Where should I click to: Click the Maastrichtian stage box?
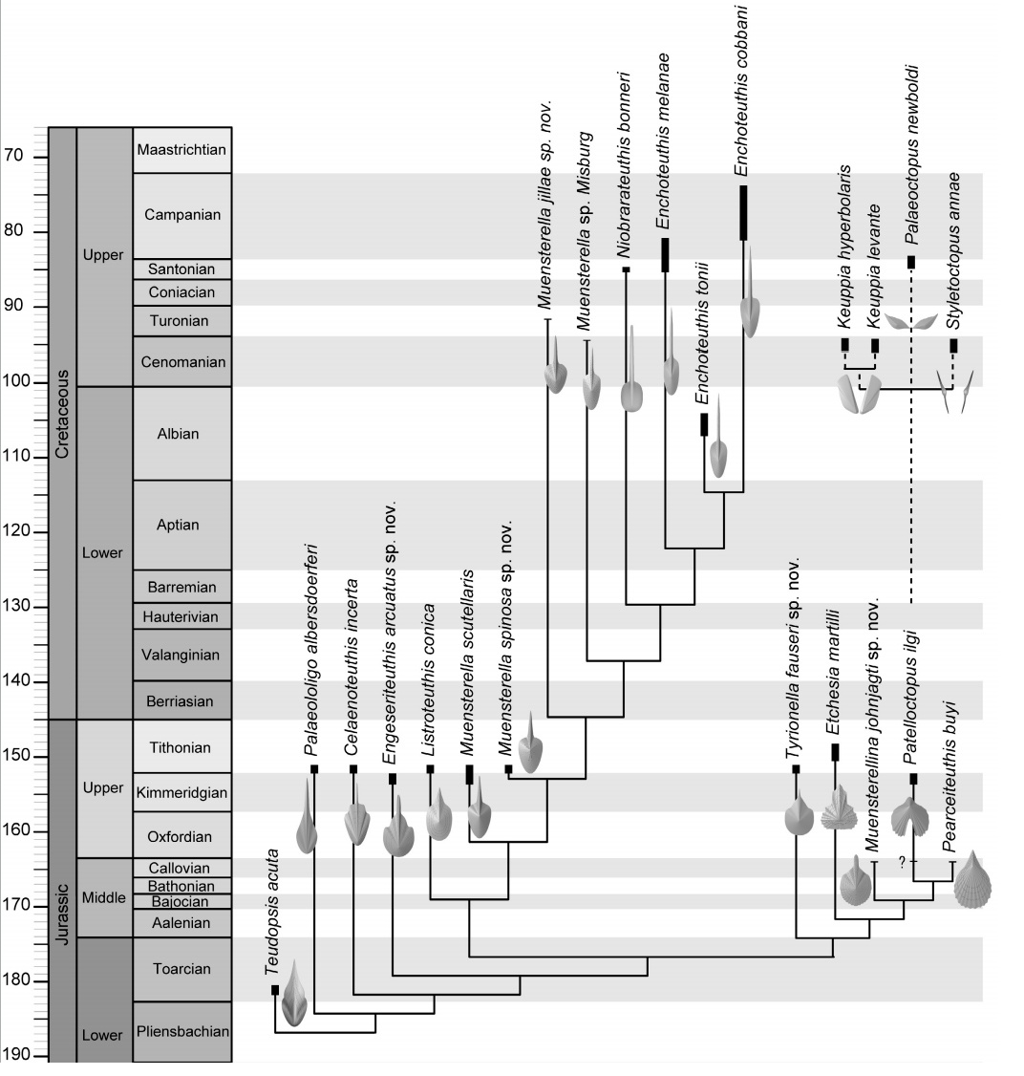coord(182,150)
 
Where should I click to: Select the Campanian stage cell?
coord(182,215)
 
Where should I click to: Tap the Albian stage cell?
coord(182,433)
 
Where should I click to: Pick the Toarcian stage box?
coord(182,968)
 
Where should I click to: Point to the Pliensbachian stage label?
coord(182,1031)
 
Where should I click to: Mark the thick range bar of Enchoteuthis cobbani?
coord(743,213)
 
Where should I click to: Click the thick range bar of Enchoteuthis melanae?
coord(665,254)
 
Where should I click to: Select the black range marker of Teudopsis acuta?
coord(275,990)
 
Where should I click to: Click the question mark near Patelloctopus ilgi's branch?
coord(901,862)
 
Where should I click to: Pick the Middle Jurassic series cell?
coord(103,897)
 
